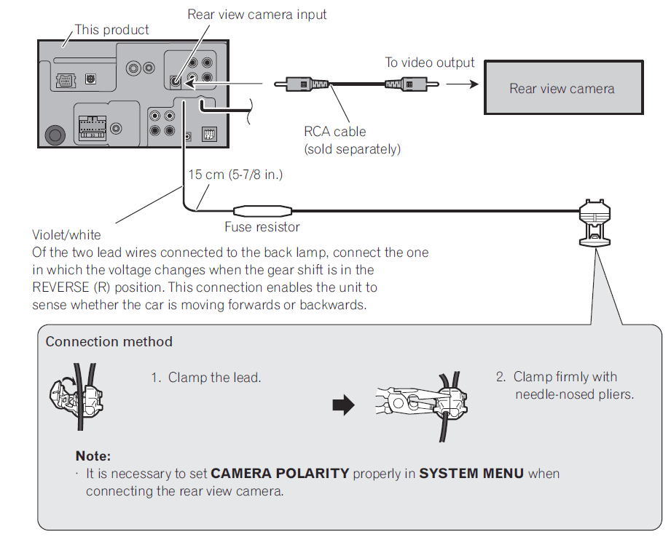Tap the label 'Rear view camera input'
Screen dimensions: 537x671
click(256, 15)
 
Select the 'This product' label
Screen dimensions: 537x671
click(111, 30)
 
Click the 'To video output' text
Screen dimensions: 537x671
click(429, 63)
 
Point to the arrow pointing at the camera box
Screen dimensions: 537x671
click(462, 84)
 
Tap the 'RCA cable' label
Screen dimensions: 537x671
click(334, 132)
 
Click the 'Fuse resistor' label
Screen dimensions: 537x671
click(262, 227)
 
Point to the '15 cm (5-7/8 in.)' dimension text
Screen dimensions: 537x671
click(235, 175)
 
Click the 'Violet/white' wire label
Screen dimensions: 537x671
click(66, 235)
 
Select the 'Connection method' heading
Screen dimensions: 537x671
click(109, 342)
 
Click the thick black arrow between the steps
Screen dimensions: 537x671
click(342, 405)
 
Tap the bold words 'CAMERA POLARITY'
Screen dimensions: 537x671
click(280, 474)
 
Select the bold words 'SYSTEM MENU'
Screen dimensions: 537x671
click(471, 474)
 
